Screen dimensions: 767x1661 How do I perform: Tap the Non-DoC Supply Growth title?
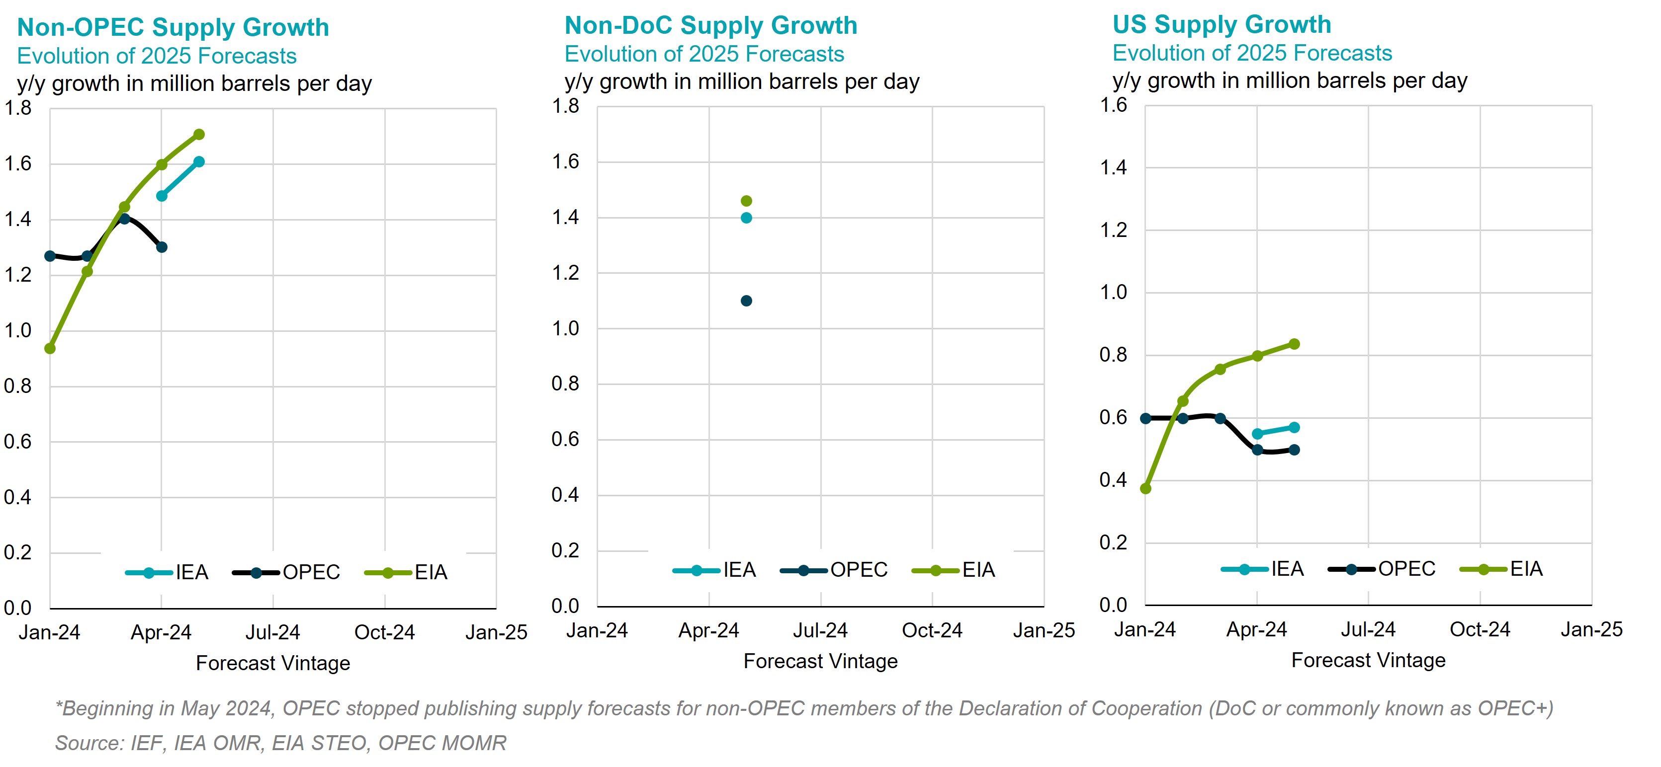point(710,26)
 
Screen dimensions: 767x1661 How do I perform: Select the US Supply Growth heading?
point(1221,24)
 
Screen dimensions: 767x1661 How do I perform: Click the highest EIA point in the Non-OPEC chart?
point(199,135)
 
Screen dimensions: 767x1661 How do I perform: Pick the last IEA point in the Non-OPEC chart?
point(199,162)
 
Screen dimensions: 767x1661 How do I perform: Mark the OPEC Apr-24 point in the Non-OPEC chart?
point(162,247)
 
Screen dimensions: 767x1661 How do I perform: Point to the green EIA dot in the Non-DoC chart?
point(746,201)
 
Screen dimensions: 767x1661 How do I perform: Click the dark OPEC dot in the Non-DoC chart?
point(746,301)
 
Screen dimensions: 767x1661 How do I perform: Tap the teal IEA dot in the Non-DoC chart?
point(746,218)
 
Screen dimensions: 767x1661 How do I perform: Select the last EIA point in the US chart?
point(1294,344)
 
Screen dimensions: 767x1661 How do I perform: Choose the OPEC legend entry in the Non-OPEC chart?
point(287,572)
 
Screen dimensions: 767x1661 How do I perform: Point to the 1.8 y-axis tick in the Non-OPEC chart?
point(18,108)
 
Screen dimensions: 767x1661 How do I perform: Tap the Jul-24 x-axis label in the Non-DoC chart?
point(820,630)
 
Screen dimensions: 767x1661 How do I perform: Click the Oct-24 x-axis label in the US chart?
point(1480,629)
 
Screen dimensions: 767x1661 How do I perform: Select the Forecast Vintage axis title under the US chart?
point(1368,661)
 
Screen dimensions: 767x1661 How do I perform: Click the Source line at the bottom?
point(280,743)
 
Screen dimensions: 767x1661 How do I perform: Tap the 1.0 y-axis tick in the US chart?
point(1113,293)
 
